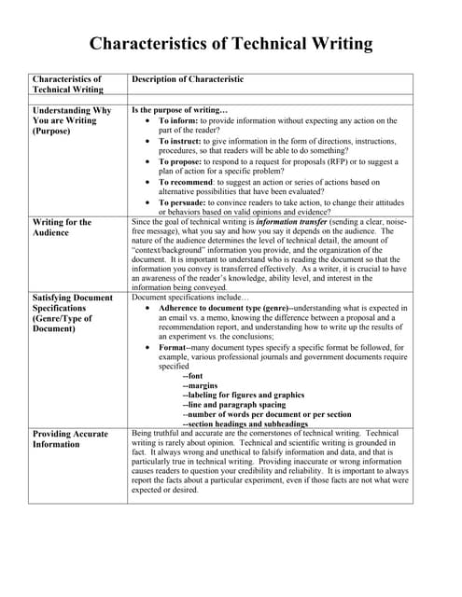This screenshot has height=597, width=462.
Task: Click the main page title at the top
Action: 231,43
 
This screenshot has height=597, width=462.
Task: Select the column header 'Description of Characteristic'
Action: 188,80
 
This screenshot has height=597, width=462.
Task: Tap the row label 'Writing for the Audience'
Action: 62,229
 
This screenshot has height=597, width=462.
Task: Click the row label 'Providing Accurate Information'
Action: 69,439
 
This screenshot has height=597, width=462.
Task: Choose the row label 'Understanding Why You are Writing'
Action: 71,120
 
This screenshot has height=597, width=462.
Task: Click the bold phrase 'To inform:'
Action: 178,120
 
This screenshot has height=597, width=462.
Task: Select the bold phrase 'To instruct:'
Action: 182,141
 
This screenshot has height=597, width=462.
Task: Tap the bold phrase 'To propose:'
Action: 183,161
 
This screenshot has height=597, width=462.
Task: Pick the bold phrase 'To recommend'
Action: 188,182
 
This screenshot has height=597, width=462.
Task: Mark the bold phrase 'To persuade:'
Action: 185,202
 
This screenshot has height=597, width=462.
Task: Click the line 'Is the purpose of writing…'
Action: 179,110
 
